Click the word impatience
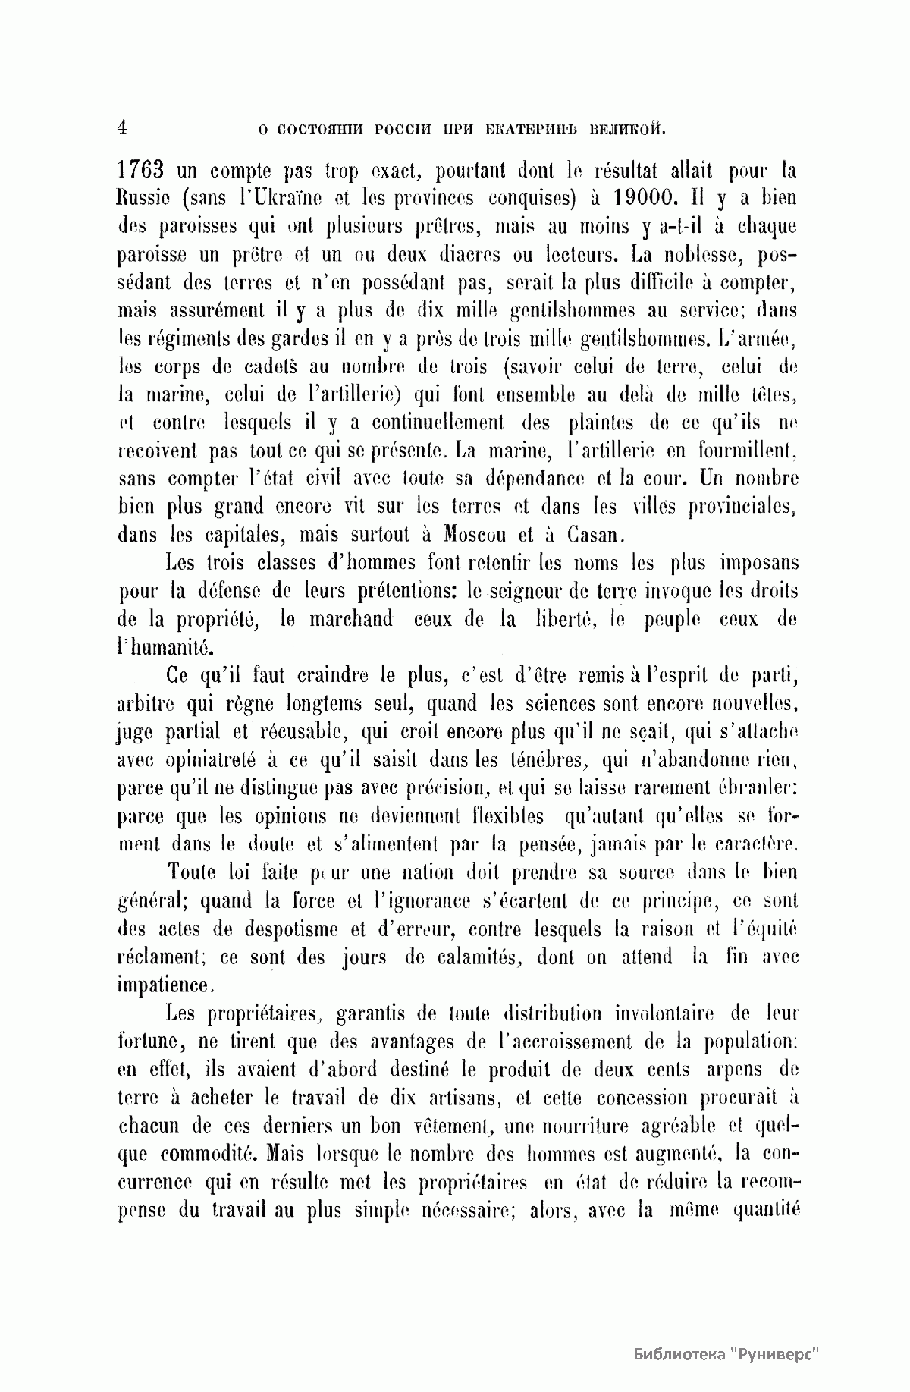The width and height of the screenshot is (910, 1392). tap(164, 985)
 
